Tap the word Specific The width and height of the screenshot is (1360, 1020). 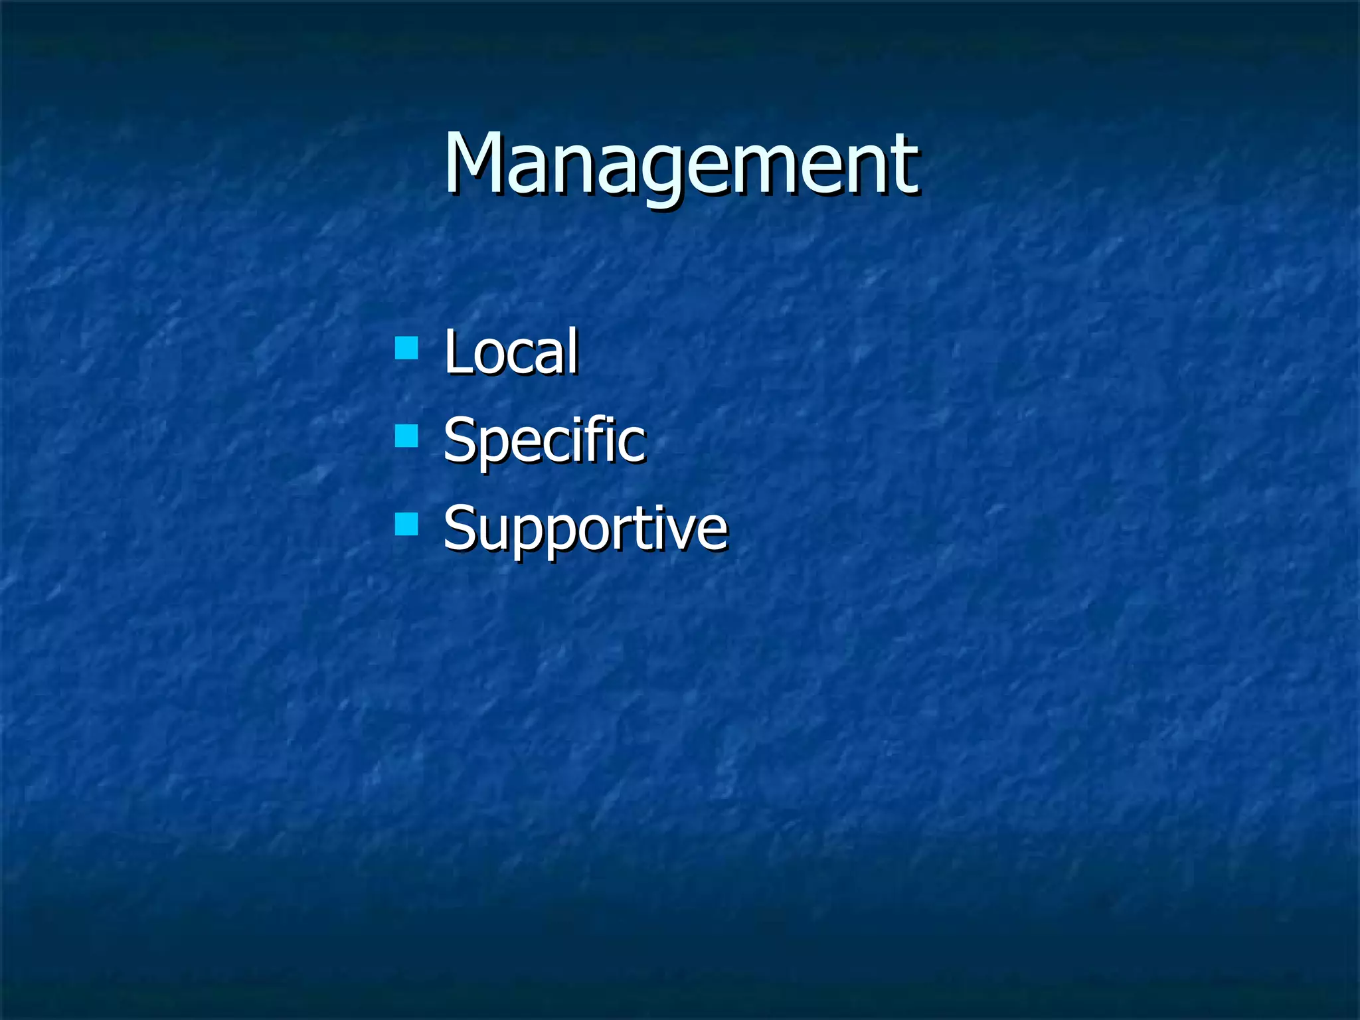coord(544,440)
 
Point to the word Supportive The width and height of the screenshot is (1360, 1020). coord(585,529)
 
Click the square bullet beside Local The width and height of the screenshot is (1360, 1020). coord(406,347)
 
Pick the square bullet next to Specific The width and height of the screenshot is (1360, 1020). coord(406,436)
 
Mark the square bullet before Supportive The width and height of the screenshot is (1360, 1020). coord(406,525)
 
